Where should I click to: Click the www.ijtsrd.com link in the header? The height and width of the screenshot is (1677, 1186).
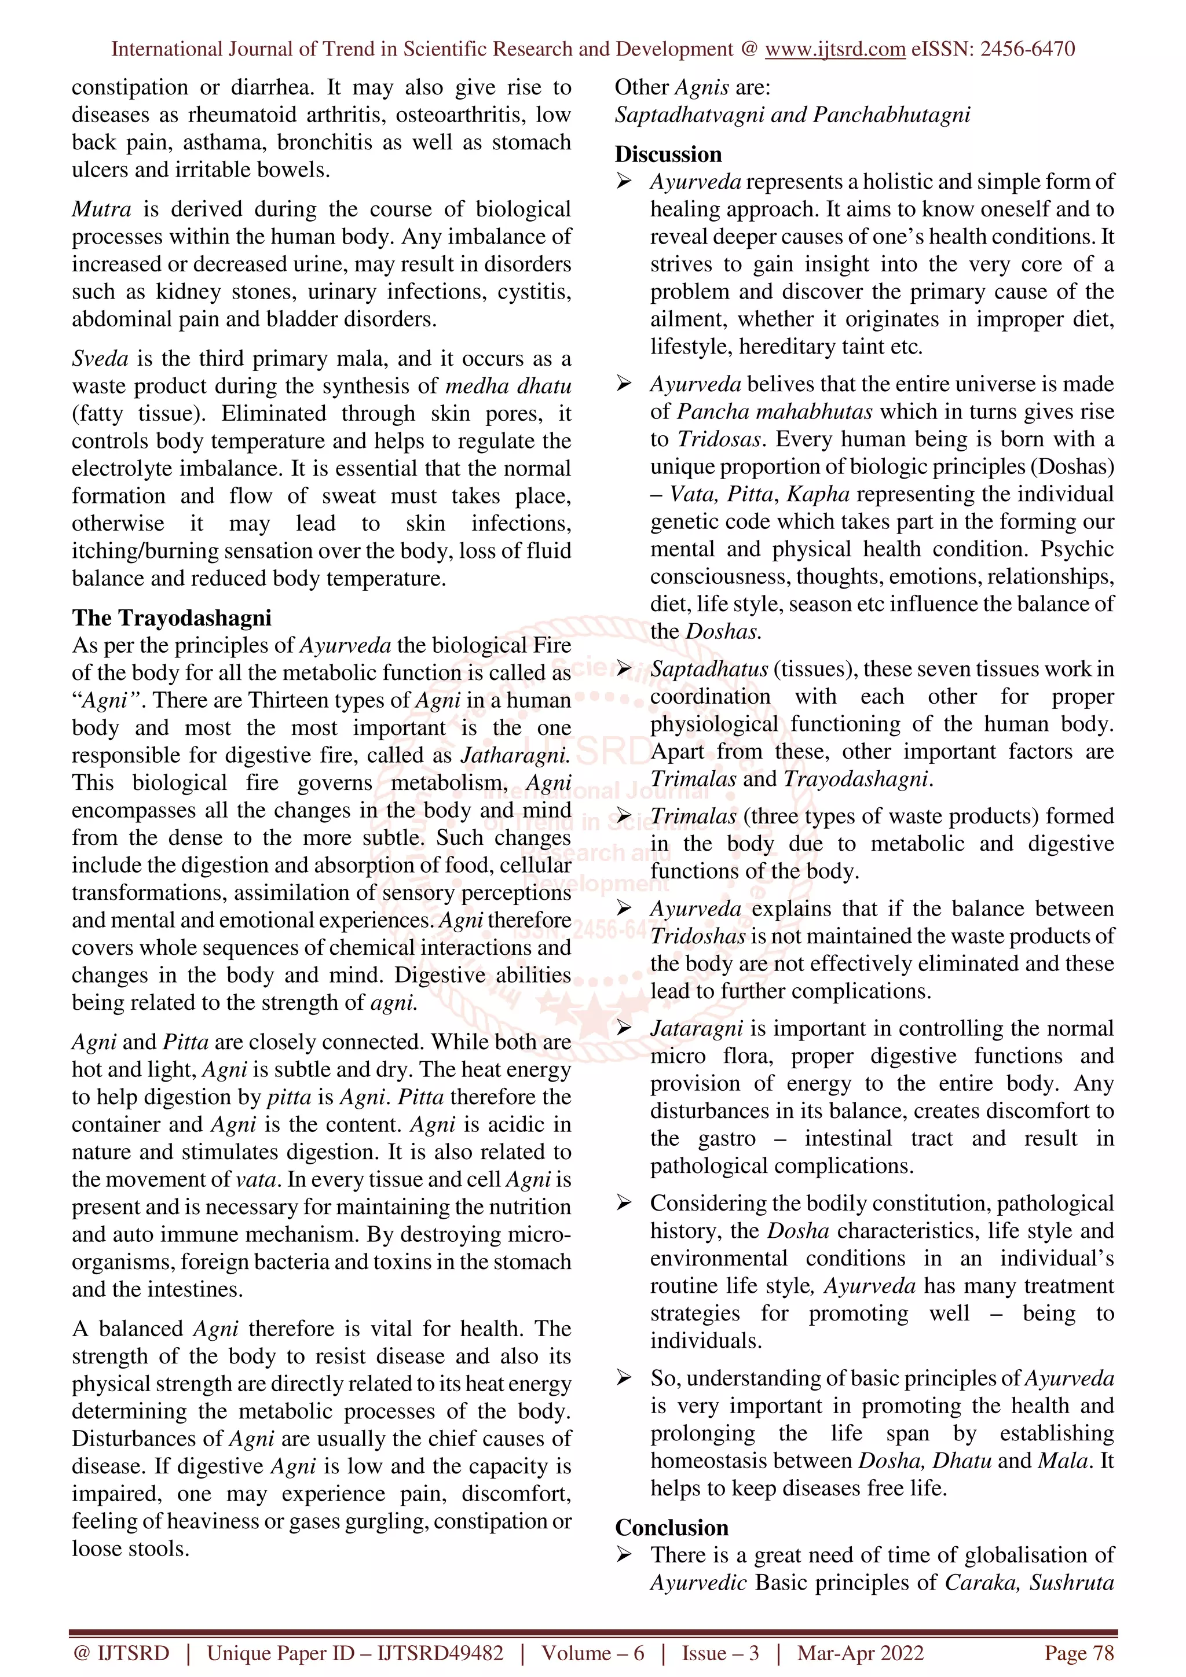tap(834, 49)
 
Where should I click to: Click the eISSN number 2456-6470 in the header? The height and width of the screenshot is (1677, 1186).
tap(1027, 49)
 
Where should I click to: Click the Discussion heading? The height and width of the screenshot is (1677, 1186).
tap(668, 154)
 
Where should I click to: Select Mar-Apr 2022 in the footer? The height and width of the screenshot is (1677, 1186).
tap(860, 1653)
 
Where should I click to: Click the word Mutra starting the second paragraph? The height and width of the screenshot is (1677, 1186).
tap(101, 209)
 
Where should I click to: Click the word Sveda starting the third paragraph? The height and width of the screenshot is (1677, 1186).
tap(100, 359)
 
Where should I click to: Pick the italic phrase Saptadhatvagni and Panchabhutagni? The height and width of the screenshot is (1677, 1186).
tap(792, 115)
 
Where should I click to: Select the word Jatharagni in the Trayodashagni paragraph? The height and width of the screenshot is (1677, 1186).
tap(514, 755)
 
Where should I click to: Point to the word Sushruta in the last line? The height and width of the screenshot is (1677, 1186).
tap(1071, 1583)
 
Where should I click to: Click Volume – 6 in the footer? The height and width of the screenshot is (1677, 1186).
tap(592, 1653)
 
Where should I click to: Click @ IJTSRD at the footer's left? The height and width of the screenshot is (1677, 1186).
tap(121, 1653)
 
